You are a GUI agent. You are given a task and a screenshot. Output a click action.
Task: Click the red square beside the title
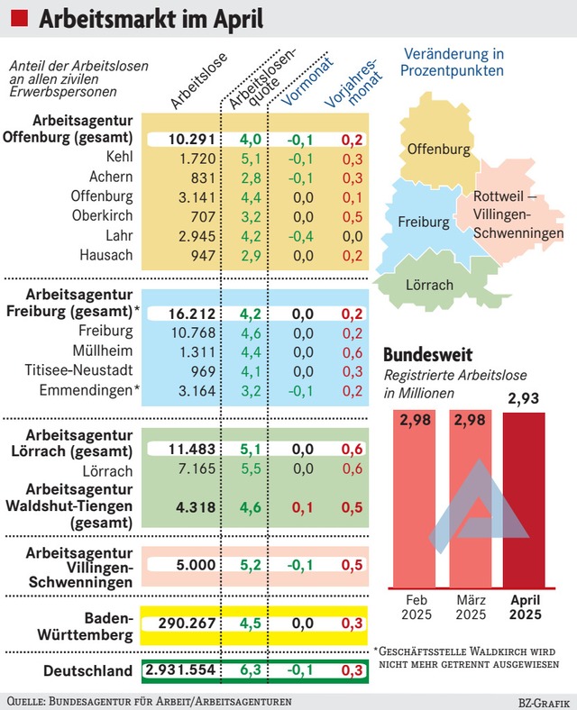pyautogui.click(x=19, y=18)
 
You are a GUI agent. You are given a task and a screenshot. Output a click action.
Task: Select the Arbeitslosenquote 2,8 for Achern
pyautogui.click(x=251, y=178)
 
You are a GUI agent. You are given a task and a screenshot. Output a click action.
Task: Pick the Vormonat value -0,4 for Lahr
pyautogui.click(x=301, y=236)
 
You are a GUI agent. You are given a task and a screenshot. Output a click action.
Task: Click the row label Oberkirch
pyautogui.click(x=103, y=215)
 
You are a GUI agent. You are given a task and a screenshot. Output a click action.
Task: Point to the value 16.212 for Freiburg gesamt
pyautogui.click(x=192, y=314)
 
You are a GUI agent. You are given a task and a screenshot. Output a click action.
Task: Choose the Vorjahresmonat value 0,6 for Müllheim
pyautogui.click(x=353, y=352)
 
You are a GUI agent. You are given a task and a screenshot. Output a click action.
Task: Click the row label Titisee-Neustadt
pyautogui.click(x=78, y=370)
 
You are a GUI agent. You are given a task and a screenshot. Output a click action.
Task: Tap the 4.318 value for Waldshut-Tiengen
pyautogui.click(x=196, y=507)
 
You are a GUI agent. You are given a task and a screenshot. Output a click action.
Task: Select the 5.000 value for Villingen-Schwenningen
pyautogui.click(x=196, y=565)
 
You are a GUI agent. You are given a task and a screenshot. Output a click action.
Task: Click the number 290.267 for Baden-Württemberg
pyautogui.click(x=187, y=624)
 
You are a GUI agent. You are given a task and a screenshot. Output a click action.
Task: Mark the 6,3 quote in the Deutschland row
pyautogui.click(x=251, y=669)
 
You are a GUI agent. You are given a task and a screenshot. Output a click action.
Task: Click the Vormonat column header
pyautogui.click(x=307, y=81)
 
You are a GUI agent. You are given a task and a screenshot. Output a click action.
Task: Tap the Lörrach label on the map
pyautogui.click(x=429, y=285)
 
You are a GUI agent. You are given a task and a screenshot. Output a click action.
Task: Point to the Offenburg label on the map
pyautogui.click(x=438, y=149)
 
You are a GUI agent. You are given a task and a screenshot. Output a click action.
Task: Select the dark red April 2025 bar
pyautogui.click(x=524, y=500)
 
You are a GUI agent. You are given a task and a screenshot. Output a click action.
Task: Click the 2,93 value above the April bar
pyautogui.click(x=524, y=398)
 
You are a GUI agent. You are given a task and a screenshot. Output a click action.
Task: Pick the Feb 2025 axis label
pyautogui.click(x=417, y=607)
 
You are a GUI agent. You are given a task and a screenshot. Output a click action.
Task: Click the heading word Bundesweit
pyautogui.click(x=427, y=354)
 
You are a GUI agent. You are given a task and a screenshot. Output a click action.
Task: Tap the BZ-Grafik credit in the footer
pyautogui.click(x=544, y=703)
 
